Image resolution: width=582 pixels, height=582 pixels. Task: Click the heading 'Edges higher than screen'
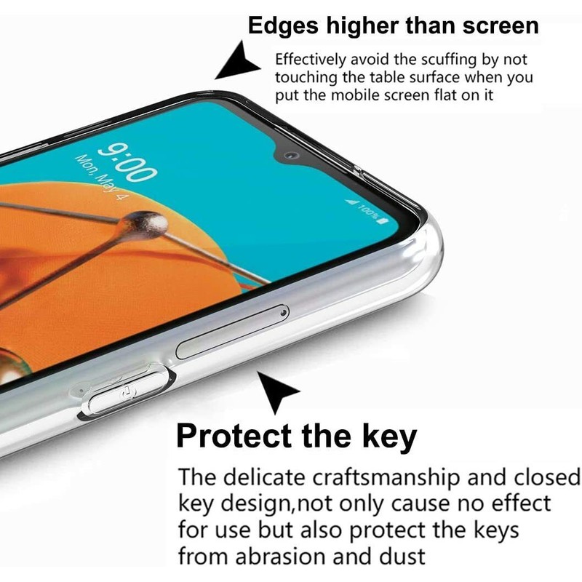[x=394, y=27]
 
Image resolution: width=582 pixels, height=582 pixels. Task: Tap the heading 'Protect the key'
[x=297, y=436]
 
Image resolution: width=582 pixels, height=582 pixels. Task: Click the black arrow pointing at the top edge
[x=236, y=61]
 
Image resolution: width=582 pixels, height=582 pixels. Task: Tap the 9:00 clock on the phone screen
[x=127, y=161]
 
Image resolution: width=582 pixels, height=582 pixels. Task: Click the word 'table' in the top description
[x=386, y=77]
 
